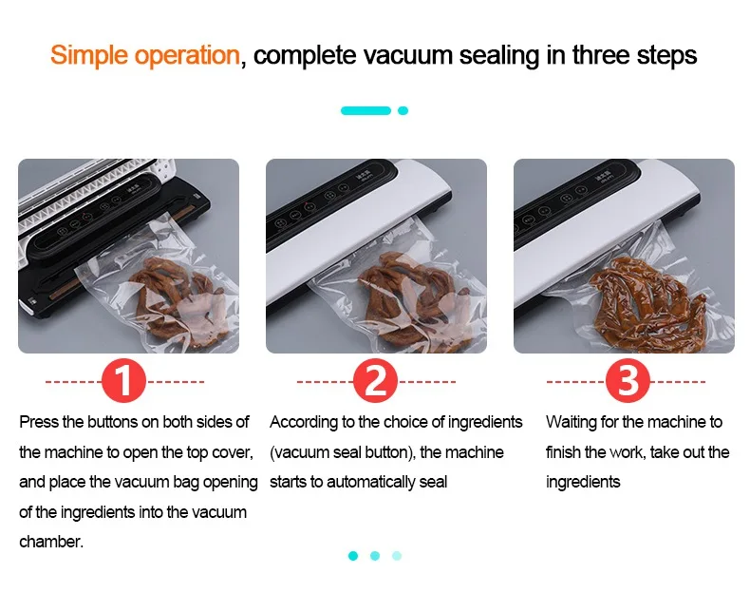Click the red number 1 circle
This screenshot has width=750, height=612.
click(123, 381)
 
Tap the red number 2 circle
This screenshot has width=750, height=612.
click(376, 381)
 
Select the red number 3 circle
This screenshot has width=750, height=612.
click(628, 381)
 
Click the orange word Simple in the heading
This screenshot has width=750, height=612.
click(89, 55)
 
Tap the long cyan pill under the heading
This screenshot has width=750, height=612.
click(366, 110)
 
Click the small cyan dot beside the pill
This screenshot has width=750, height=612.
click(403, 110)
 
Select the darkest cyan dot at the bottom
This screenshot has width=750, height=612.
click(353, 556)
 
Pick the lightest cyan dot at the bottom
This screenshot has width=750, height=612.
click(397, 556)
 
